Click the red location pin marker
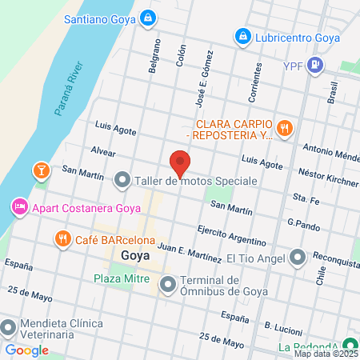(x=181, y=163)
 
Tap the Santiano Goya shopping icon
(x=147, y=17)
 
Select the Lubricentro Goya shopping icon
(x=242, y=36)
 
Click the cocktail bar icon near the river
(x=39, y=170)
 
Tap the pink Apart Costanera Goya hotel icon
(x=18, y=208)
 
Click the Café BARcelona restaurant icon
(x=62, y=238)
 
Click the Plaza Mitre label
(x=120, y=278)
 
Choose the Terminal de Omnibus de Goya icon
(x=168, y=284)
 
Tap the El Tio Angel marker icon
(x=298, y=258)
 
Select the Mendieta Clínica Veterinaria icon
(x=8, y=328)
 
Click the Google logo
(x=26, y=350)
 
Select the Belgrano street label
(x=154, y=59)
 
